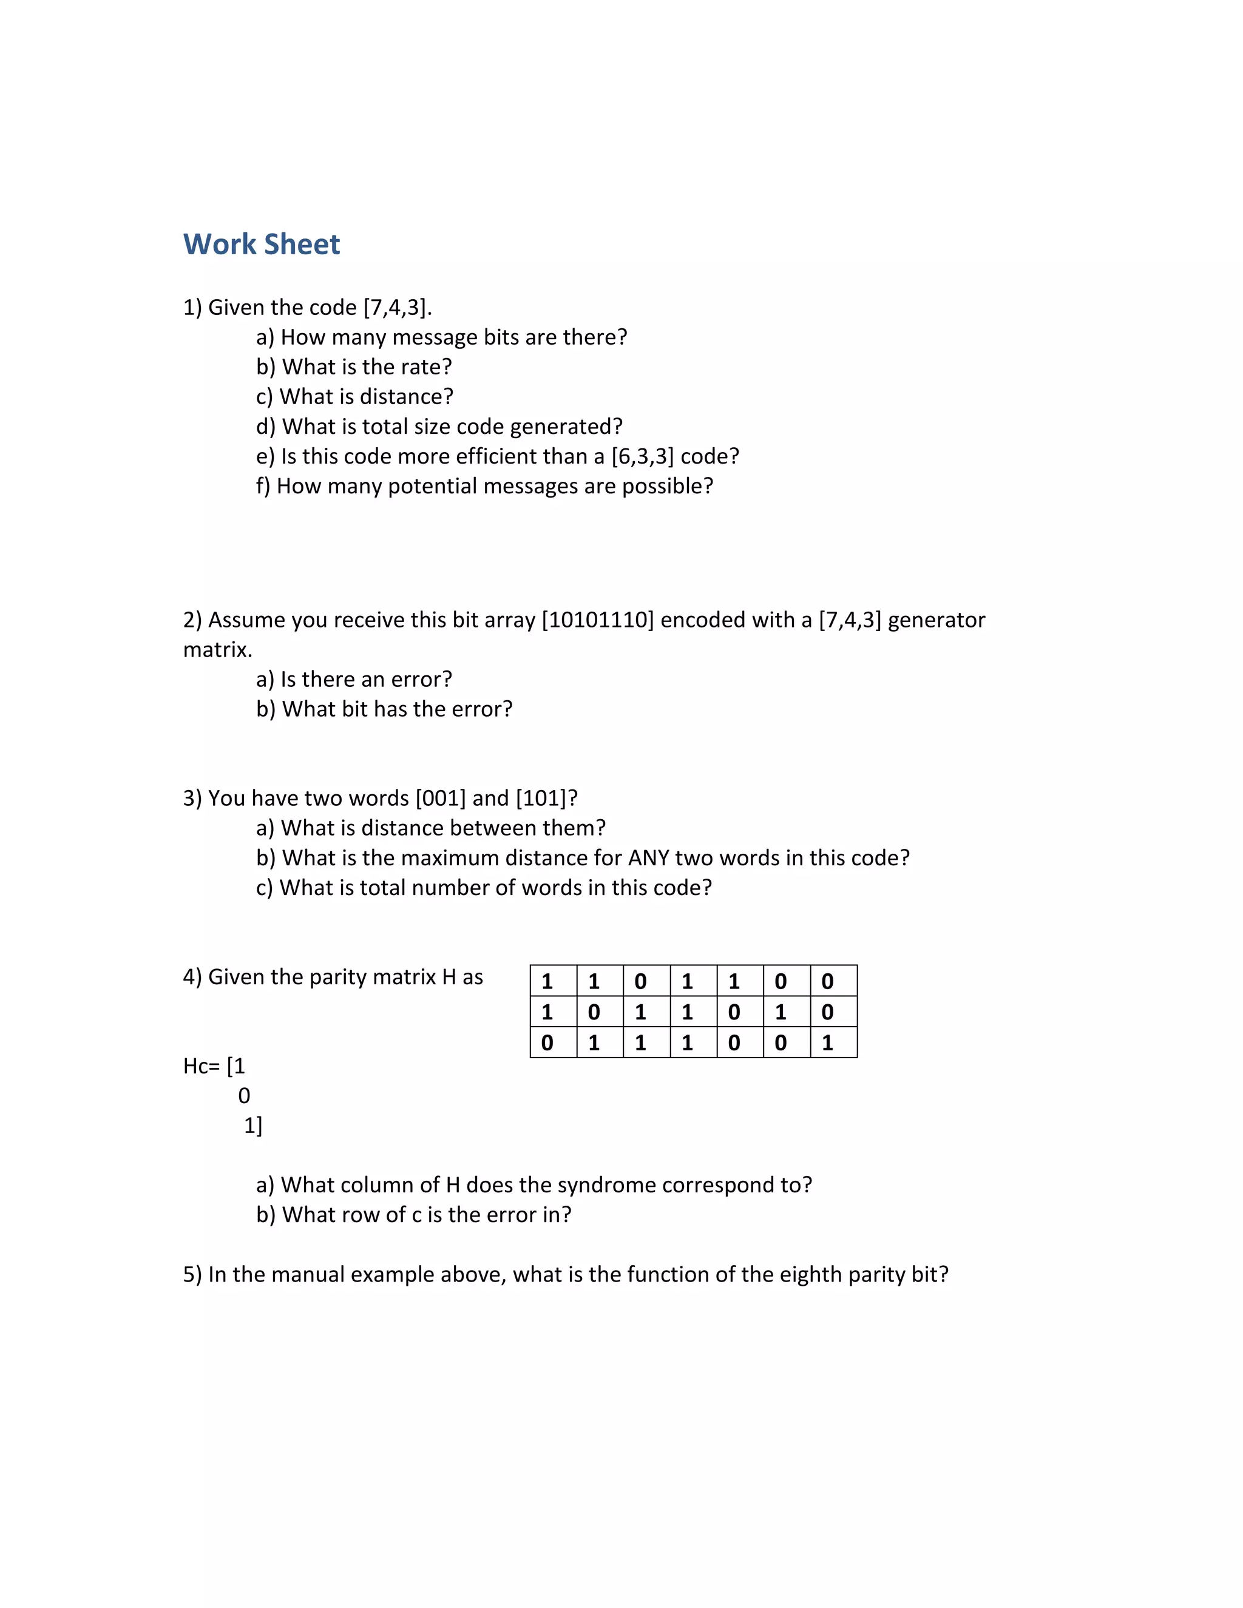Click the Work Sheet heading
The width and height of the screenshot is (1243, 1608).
[x=262, y=245]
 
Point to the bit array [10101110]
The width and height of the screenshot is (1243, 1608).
[x=598, y=620]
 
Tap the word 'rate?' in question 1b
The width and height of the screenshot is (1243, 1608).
[x=426, y=367]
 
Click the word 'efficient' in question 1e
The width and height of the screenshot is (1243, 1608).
[x=501, y=456]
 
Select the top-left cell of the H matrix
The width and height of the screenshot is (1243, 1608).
[x=547, y=981]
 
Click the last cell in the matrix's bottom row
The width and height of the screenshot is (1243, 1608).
[x=828, y=1042]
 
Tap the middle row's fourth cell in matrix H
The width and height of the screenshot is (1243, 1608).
[x=687, y=1012]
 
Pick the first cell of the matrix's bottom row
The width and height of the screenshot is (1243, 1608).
[x=547, y=1042]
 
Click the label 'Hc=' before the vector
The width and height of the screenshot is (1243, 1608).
[x=200, y=1066]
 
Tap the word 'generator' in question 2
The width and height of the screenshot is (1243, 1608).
[x=936, y=620]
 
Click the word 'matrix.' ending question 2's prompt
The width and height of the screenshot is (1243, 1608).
[x=217, y=649]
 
